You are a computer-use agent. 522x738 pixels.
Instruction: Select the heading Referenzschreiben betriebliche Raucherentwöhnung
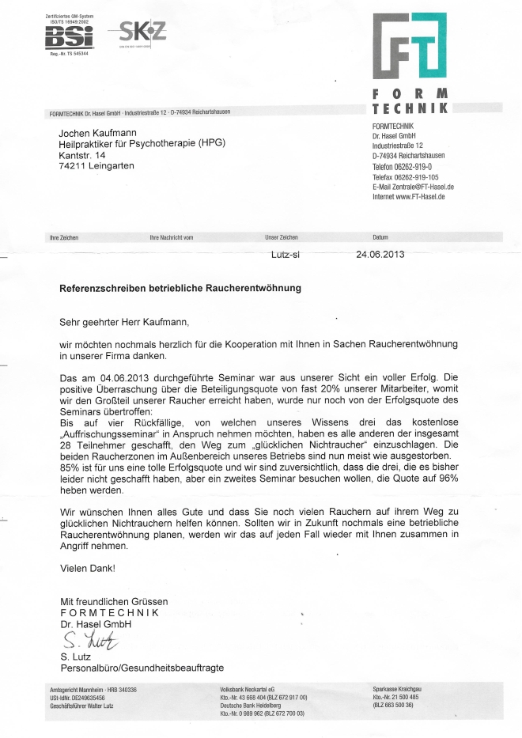point(180,289)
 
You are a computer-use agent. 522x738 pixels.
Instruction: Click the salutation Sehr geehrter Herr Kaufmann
point(125,322)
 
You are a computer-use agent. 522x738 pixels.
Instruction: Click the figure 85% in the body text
point(70,467)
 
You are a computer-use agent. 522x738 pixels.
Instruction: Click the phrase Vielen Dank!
point(87,568)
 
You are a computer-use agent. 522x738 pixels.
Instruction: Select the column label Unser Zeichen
point(282,237)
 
